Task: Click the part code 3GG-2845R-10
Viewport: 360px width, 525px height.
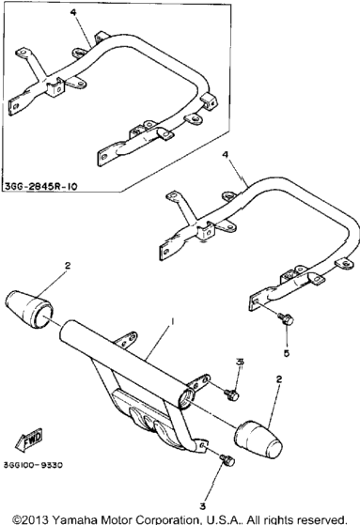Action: click(x=41, y=186)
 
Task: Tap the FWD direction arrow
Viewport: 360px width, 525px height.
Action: click(x=28, y=439)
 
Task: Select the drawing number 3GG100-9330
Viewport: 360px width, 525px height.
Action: click(x=33, y=465)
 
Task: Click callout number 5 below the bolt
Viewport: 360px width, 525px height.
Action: click(x=287, y=353)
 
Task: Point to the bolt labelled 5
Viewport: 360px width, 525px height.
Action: click(x=286, y=318)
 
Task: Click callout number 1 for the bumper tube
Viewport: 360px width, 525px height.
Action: click(x=172, y=321)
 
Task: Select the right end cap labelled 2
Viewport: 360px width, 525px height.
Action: click(x=258, y=439)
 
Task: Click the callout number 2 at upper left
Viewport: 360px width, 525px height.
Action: click(x=68, y=266)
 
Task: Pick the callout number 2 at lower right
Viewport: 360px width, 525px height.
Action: click(x=279, y=379)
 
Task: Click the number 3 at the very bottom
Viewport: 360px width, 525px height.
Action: click(x=202, y=506)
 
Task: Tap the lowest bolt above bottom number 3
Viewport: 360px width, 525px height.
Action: click(x=227, y=460)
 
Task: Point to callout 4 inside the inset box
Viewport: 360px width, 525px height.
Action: click(x=73, y=12)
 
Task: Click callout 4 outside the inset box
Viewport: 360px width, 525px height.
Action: click(x=226, y=154)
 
